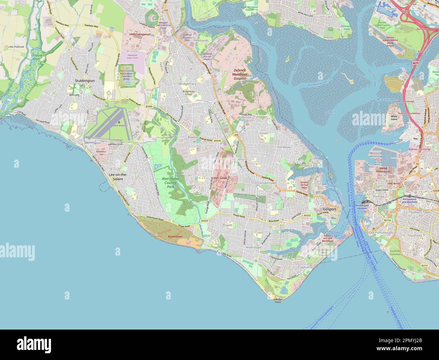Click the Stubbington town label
84,81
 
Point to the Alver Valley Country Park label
170,182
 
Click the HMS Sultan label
220,178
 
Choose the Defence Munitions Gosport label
240,74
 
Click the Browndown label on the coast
175,237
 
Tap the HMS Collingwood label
139,34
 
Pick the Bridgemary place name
187,83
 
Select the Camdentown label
267,183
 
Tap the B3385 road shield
149,106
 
